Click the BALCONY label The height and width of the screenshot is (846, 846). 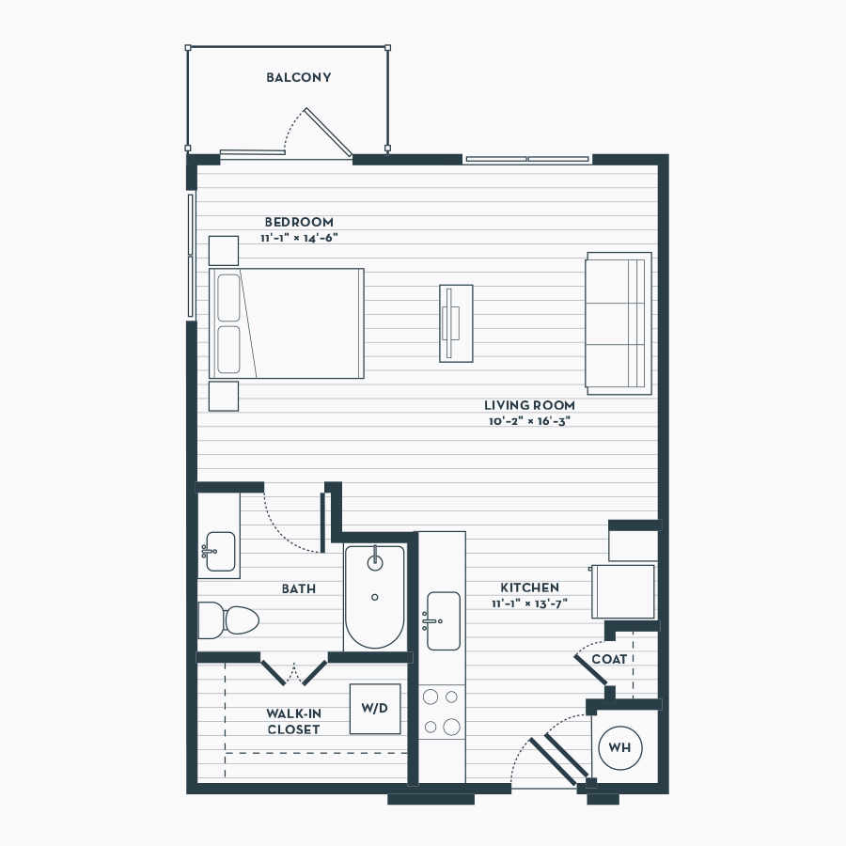point(298,77)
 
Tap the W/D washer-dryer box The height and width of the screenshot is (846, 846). point(375,709)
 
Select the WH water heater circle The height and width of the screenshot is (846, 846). point(620,748)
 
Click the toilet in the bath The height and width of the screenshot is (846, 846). point(228,620)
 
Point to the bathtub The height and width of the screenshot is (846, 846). point(374,597)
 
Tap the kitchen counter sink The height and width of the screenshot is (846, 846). point(443,620)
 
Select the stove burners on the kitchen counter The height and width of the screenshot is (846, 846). point(442,713)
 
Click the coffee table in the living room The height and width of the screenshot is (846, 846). point(456,323)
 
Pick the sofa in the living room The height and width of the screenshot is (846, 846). point(619,323)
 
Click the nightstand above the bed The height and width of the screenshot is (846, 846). point(224,251)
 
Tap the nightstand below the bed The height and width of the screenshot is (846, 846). point(224,396)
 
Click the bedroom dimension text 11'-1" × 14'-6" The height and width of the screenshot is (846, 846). point(300,238)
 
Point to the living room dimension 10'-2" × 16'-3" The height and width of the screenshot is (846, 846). point(529,421)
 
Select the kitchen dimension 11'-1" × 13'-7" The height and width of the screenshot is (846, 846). point(529,603)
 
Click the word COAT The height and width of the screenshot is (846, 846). point(609,659)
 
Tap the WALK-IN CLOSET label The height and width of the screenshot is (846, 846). point(294,721)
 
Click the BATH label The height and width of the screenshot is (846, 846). point(299,588)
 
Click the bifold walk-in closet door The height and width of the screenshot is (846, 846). point(294,672)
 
